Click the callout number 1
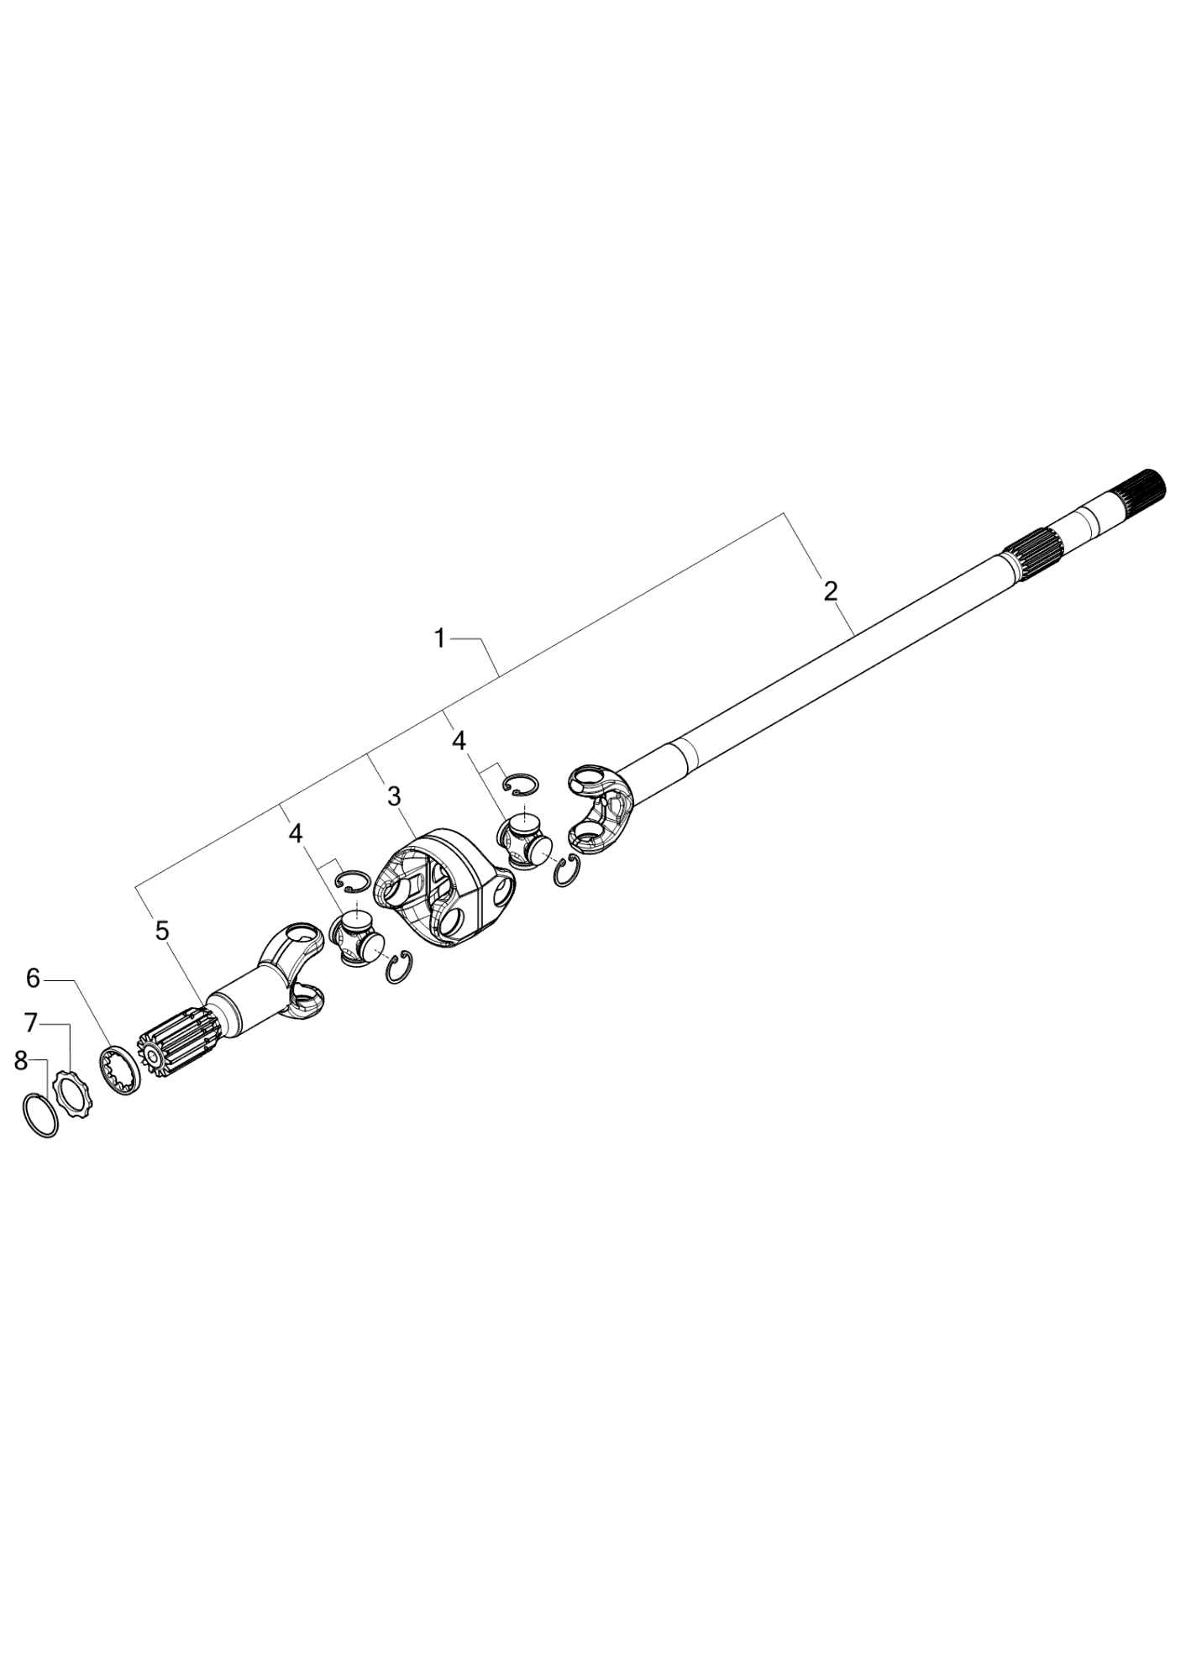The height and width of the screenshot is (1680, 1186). click(439, 639)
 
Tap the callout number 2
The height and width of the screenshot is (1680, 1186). click(830, 591)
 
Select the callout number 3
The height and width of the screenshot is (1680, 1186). click(394, 795)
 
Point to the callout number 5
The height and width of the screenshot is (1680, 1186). click(162, 931)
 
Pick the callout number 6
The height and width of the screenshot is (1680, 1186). click(33, 978)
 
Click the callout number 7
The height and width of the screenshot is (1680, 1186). click(31, 1023)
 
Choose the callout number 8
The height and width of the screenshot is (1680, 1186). click(21, 1061)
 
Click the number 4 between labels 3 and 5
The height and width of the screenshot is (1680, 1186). click(295, 832)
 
